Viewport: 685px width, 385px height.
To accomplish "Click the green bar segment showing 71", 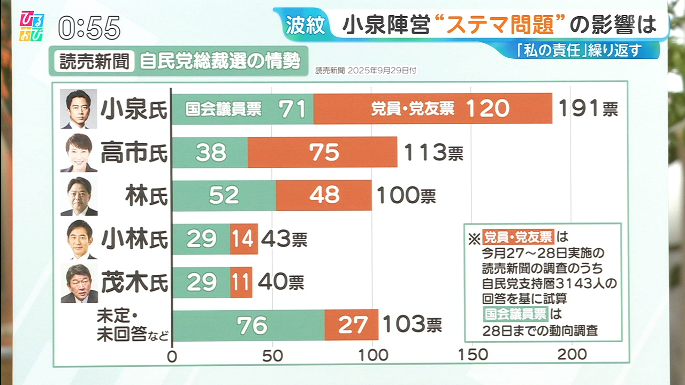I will pos(242,109).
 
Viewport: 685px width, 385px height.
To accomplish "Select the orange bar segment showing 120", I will pos(432,109).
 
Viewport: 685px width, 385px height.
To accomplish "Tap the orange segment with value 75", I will pos(322,152).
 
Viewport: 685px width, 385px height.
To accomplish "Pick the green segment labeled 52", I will pos(224,195).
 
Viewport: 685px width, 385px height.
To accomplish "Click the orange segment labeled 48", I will pos(324,195).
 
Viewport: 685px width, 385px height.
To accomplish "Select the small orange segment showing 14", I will pos(243,239).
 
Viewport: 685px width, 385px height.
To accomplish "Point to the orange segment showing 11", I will pos(241,282).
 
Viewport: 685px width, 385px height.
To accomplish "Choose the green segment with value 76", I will pos(248,325).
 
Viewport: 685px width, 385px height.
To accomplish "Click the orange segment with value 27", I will pos(351,325).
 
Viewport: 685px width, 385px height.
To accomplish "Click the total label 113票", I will pos(433,153).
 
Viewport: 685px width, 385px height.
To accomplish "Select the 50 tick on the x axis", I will pos(273,355).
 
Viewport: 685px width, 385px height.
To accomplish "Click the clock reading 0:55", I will pos(89,28).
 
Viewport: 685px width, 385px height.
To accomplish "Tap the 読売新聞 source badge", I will pos(91,61).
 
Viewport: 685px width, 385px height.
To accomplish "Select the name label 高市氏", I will pos(134,153).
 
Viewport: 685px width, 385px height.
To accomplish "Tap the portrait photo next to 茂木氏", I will pos(79,283).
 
